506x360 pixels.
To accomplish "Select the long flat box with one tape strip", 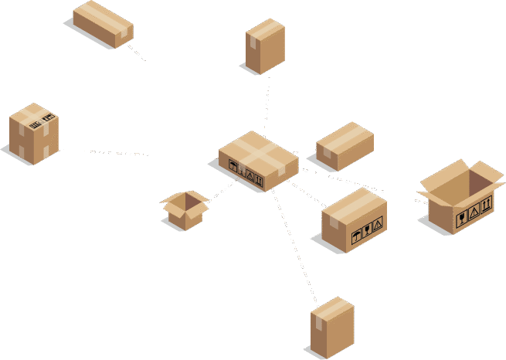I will (103, 23).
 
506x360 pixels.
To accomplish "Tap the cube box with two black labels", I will (34, 133).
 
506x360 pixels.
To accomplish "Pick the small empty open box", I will (185, 209).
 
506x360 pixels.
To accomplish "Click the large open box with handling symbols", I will (460, 199).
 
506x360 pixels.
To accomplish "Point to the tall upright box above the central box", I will (265, 46).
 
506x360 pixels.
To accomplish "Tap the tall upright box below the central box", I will (332, 327).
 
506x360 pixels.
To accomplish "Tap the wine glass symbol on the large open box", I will (461, 217).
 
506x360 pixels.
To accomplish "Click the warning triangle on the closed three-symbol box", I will (377, 225).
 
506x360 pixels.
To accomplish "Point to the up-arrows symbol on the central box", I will (259, 181).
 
